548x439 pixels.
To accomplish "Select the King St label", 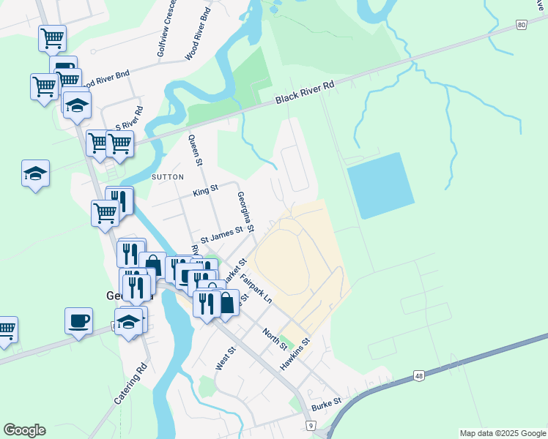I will pyautogui.click(x=205, y=192).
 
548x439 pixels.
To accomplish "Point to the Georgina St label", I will pyautogui.click(x=245, y=212).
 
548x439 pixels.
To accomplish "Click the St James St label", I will pyautogui.click(x=222, y=235).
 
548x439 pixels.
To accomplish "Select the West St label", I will pyautogui.click(x=225, y=359).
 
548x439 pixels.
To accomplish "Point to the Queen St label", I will pyautogui.click(x=195, y=151).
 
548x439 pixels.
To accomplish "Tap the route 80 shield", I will pyautogui.click(x=521, y=25).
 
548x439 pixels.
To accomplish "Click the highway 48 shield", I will pyautogui.click(x=418, y=375).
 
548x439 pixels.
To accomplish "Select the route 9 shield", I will pyautogui.click(x=311, y=425).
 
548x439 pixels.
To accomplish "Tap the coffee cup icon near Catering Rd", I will pyautogui.click(x=79, y=320).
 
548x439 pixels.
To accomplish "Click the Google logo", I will pyautogui.click(x=24, y=430).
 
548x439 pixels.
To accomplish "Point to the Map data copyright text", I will pyautogui.click(x=503, y=433).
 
